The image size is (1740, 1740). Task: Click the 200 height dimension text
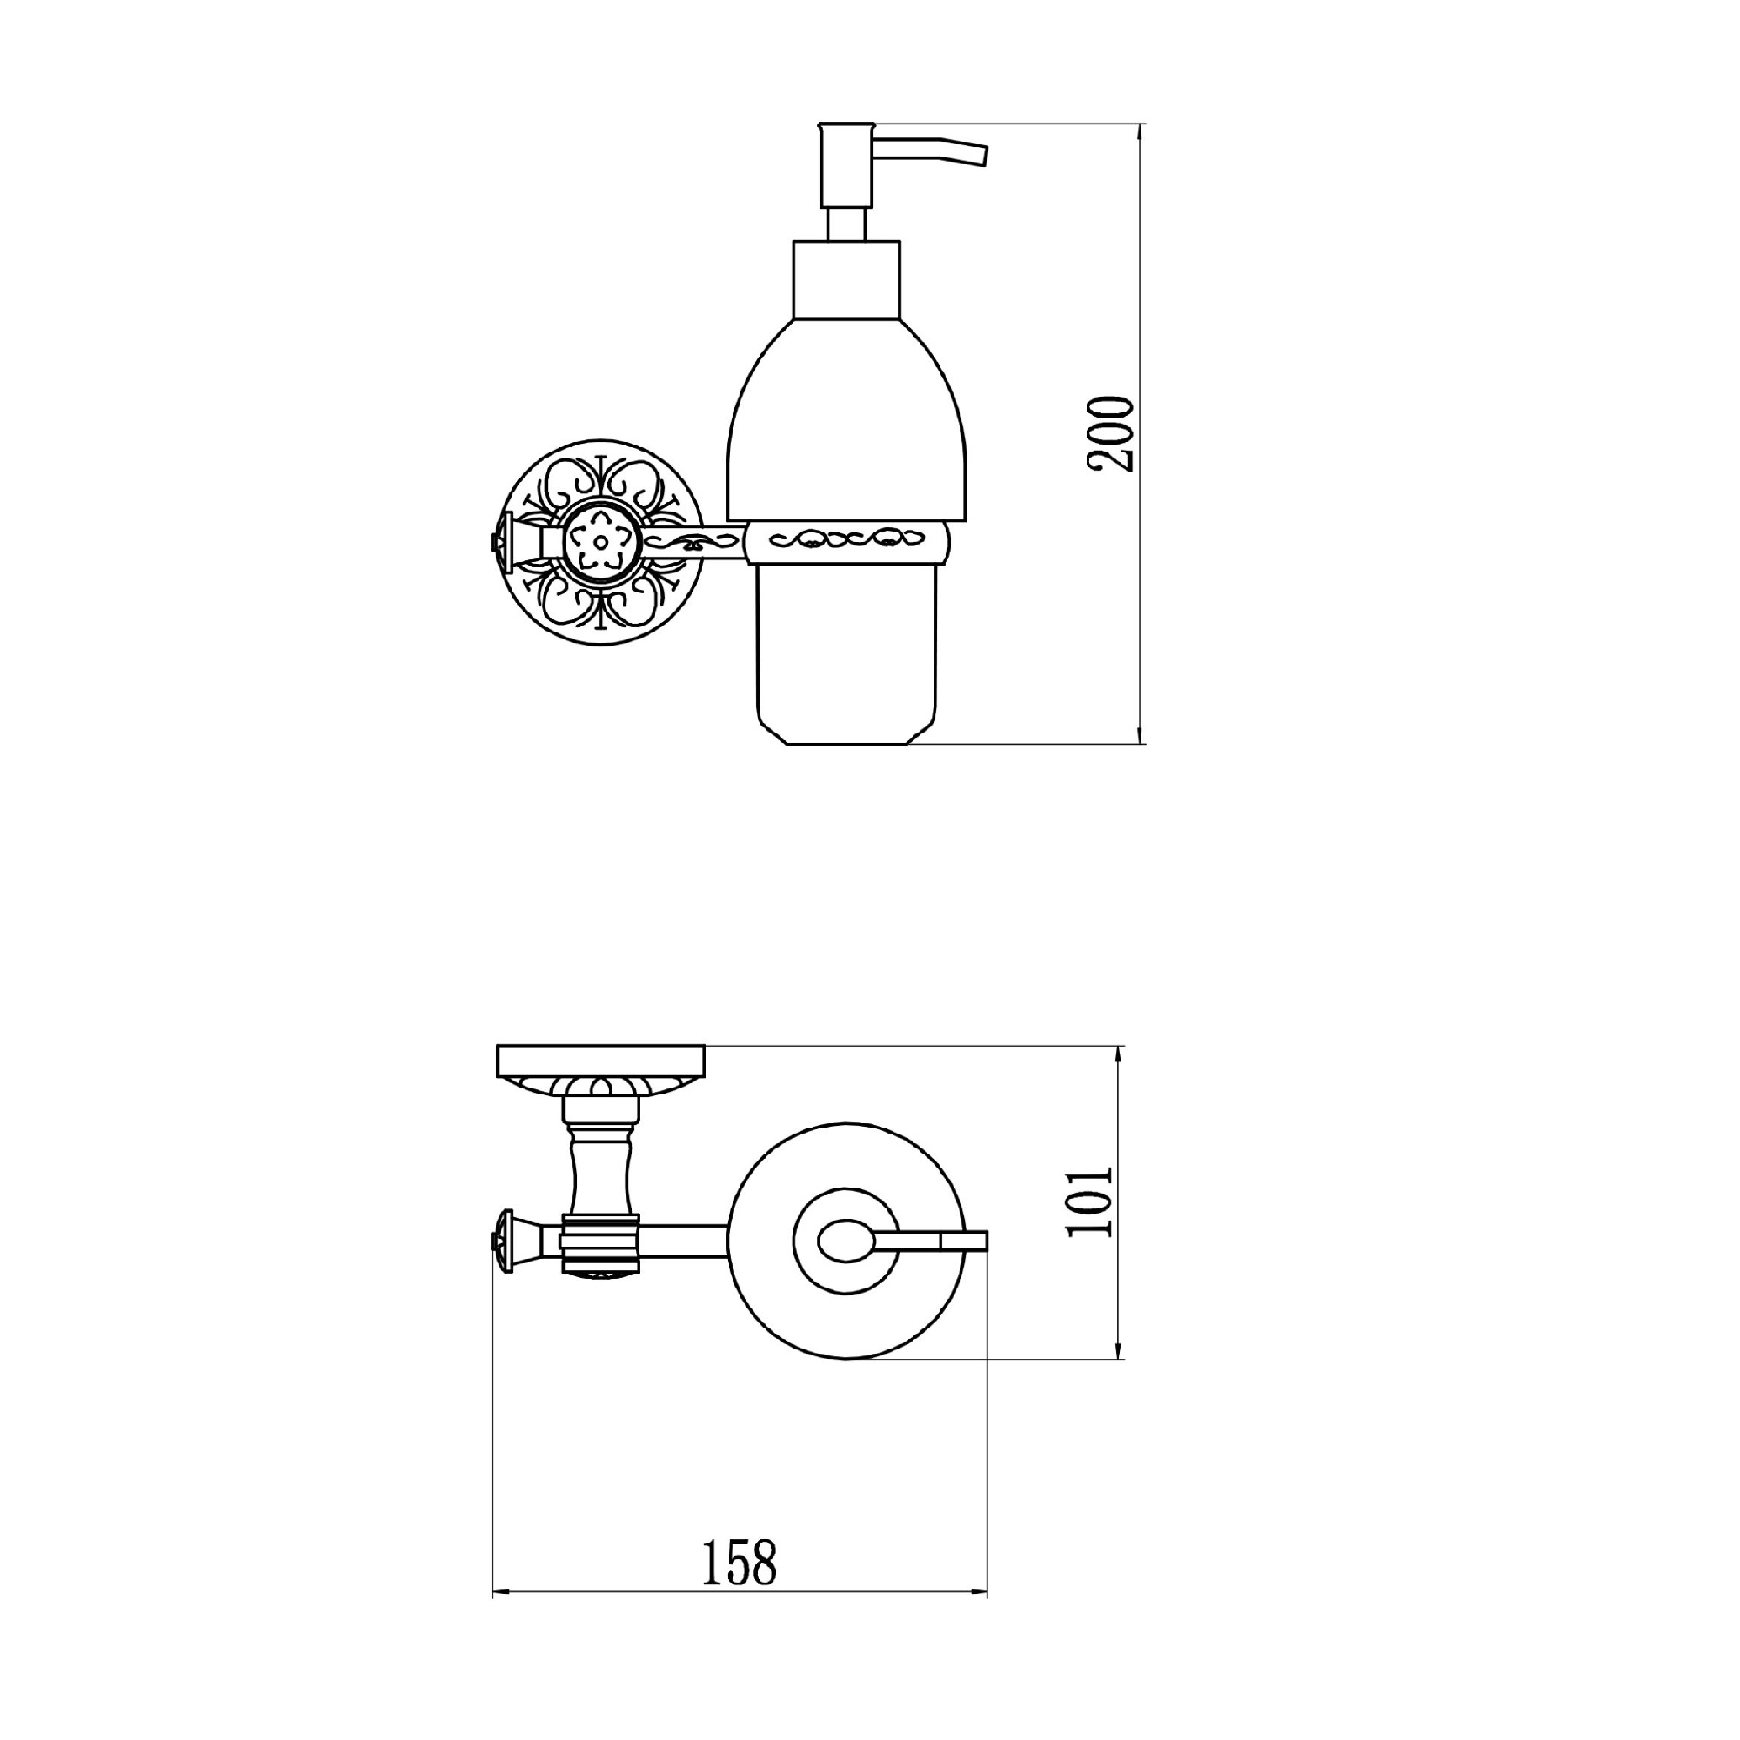point(1109,433)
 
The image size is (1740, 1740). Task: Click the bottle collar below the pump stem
point(846,278)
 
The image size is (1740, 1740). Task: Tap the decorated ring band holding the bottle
point(847,543)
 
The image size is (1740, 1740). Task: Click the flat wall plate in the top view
point(600,1060)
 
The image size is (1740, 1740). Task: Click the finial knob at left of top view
point(501,1242)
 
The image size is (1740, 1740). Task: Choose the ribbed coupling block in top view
point(599,1243)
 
